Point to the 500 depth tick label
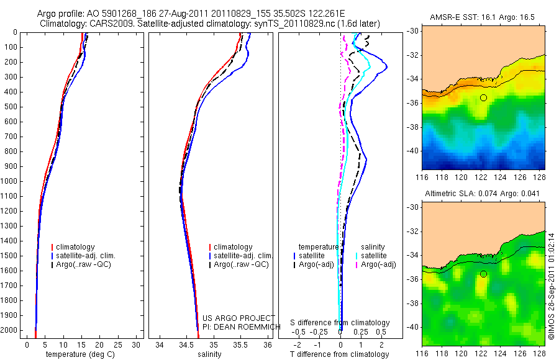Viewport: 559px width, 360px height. [x=11, y=107]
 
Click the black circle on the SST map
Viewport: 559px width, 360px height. [x=483, y=97]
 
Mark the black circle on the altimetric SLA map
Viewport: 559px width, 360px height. [x=483, y=274]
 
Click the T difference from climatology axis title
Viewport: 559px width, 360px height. [x=340, y=354]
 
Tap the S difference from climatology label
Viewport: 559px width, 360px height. [x=340, y=323]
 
